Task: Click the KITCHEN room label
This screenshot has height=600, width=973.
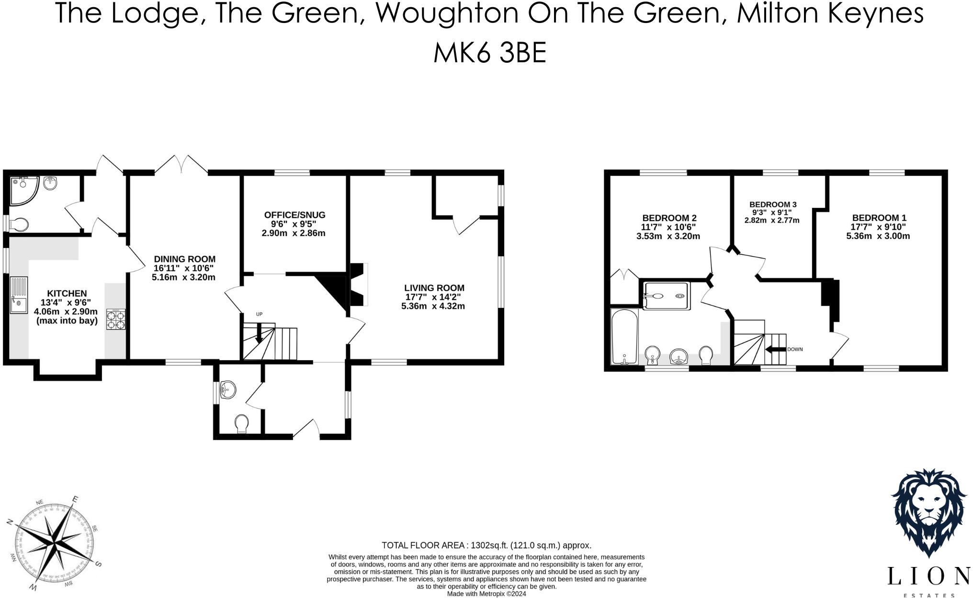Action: click(x=67, y=293)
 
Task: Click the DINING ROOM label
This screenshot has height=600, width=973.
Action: click(x=184, y=259)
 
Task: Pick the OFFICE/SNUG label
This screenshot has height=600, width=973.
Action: click(x=294, y=215)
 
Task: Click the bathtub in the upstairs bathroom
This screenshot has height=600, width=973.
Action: click(x=624, y=336)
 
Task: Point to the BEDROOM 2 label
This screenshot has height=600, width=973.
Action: click(x=668, y=218)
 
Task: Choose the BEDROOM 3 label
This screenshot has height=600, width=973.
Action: click(x=772, y=204)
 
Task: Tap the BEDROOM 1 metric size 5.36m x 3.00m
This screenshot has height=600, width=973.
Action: click(x=878, y=236)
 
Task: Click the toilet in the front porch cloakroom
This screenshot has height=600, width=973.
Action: click(x=242, y=423)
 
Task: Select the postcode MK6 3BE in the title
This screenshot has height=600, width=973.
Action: click(x=489, y=53)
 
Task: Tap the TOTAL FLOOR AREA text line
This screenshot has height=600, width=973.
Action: click(x=486, y=545)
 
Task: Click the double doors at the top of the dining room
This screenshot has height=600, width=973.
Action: click(x=181, y=164)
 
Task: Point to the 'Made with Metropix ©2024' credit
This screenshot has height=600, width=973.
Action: click(x=486, y=594)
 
